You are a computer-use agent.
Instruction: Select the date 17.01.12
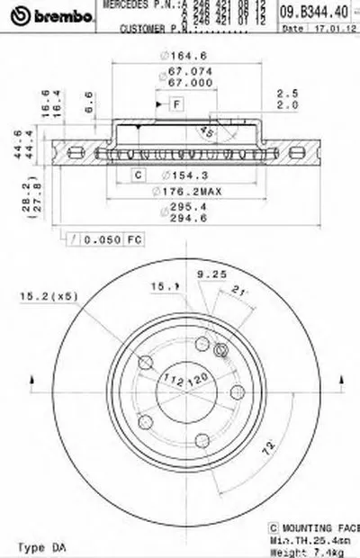coord(329,29)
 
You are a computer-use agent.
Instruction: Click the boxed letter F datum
coord(176,106)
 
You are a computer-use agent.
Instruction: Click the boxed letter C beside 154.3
coord(139,175)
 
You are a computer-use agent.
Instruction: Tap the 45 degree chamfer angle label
coord(206,132)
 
